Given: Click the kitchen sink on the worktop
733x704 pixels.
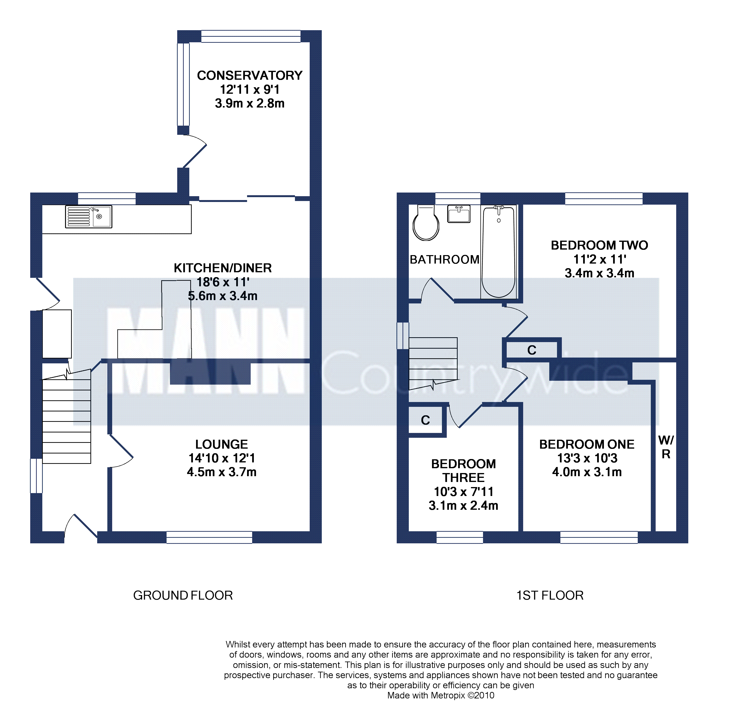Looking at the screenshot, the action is (x=89, y=216).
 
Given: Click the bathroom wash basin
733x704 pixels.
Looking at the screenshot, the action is (x=459, y=214).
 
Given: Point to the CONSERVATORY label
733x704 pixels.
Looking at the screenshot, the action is (x=250, y=75).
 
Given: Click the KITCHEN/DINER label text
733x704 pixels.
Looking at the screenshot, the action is (x=223, y=268).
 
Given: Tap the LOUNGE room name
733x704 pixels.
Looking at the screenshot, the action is (x=222, y=444).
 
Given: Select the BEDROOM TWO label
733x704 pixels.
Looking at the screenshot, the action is (x=600, y=245).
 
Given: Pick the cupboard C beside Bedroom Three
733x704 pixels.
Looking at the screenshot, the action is (x=425, y=420).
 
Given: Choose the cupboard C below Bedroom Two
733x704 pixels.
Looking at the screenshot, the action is (x=532, y=350).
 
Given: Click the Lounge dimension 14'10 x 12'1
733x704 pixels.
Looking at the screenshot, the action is (x=222, y=458).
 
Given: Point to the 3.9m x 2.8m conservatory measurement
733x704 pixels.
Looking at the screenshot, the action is (x=250, y=103).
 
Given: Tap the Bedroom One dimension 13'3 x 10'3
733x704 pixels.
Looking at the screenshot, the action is (x=587, y=458).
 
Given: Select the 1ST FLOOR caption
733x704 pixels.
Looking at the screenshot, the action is (x=550, y=595).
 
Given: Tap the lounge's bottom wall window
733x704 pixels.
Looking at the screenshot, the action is (x=209, y=537).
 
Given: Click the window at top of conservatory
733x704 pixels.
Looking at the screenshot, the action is (x=251, y=36).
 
